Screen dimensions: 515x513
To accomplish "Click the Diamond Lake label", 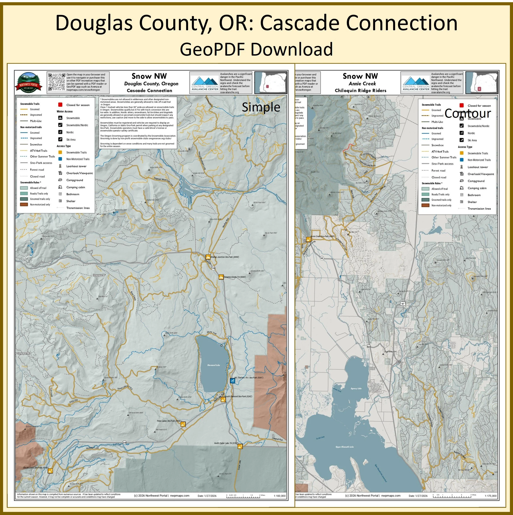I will tap(214, 365).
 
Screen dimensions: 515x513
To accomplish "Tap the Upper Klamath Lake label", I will tap(345, 447).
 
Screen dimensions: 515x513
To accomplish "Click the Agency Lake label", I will tap(356, 388).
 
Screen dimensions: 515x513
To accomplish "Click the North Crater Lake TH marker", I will tap(240, 446).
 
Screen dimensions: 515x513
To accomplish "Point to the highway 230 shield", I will tap(124, 443).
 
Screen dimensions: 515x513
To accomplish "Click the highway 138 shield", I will tap(213, 268).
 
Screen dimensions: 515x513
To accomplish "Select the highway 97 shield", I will tap(403, 304).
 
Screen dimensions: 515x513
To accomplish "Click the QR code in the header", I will tap(57, 82).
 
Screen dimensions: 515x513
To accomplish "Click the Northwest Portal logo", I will tap(28, 82).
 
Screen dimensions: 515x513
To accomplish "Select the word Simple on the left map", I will tap(261, 107).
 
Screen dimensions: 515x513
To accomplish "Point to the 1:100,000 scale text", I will tap(279, 496).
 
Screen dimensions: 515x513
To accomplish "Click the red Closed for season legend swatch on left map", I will tap(60, 105).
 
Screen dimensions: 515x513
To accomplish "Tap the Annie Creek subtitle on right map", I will tap(362, 83).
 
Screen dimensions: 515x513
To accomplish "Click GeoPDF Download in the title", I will tap(256, 49).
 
